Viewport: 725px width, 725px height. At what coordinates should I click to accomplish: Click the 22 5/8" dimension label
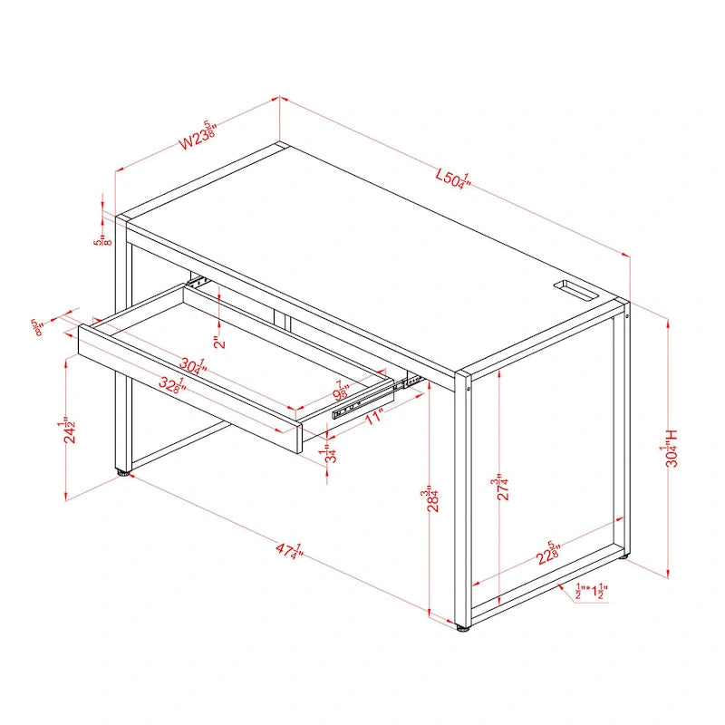point(548,553)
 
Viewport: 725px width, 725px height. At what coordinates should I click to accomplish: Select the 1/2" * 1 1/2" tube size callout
point(590,593)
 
